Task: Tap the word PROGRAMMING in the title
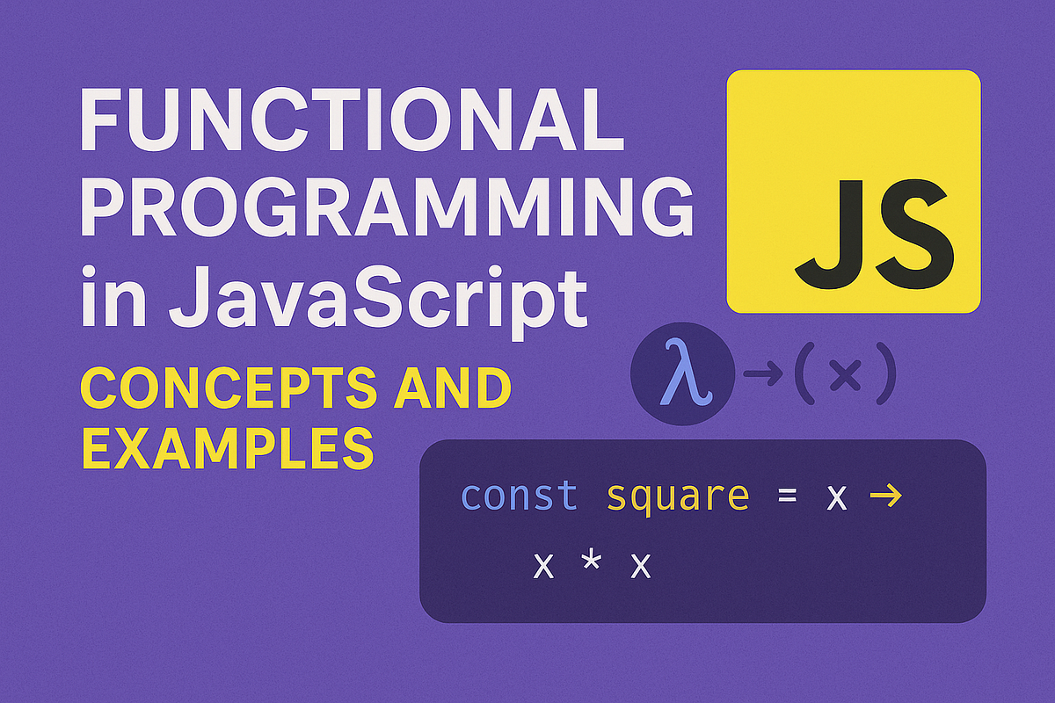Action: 386,208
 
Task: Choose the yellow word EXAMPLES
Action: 227,449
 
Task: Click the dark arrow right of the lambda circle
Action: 761,375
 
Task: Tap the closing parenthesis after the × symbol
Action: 884,376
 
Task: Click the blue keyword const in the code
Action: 519,497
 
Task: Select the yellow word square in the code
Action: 677,497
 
